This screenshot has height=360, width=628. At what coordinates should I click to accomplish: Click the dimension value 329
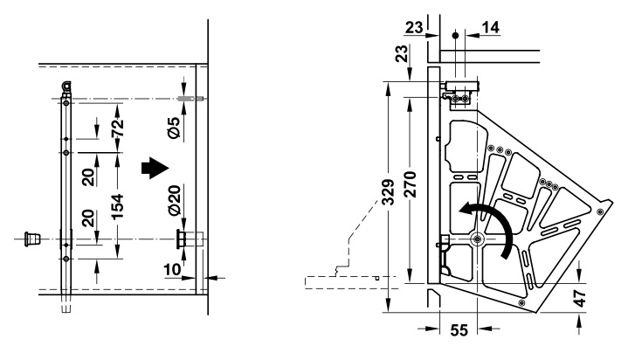tap(388, 190)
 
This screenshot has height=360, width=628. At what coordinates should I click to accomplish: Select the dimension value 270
tap(410, 184)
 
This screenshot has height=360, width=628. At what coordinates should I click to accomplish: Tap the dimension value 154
tap(117, 206)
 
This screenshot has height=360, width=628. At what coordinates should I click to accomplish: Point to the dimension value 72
tap(117, 128)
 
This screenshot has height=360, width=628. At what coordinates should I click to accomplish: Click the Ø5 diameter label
tap(174, 128)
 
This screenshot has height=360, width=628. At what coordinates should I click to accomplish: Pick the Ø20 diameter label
tap(174, 200)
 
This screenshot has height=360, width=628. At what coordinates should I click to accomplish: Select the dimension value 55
tap(459, 330)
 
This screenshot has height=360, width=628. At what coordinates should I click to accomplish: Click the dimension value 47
tap(580, 298)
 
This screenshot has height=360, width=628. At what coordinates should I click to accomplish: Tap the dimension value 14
tap(491, 28)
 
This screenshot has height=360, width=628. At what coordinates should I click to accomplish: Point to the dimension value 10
tap(173, 269)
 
